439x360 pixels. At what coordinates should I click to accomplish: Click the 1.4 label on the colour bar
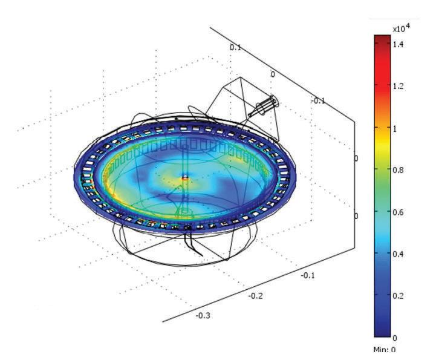coord(398,44)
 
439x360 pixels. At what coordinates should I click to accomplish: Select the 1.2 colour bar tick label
coord(398,86)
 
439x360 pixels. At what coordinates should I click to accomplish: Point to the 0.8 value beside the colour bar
coord(398,170)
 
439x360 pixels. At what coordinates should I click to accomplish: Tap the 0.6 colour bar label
coord(398,212)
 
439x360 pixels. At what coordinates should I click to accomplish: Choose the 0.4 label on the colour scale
coord(398,254)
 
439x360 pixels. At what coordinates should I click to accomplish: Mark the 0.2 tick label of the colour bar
coord(398,296)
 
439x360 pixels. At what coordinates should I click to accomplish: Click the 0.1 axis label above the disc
coord(235,48)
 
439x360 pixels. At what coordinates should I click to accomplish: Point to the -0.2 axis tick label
coord(255,296)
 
